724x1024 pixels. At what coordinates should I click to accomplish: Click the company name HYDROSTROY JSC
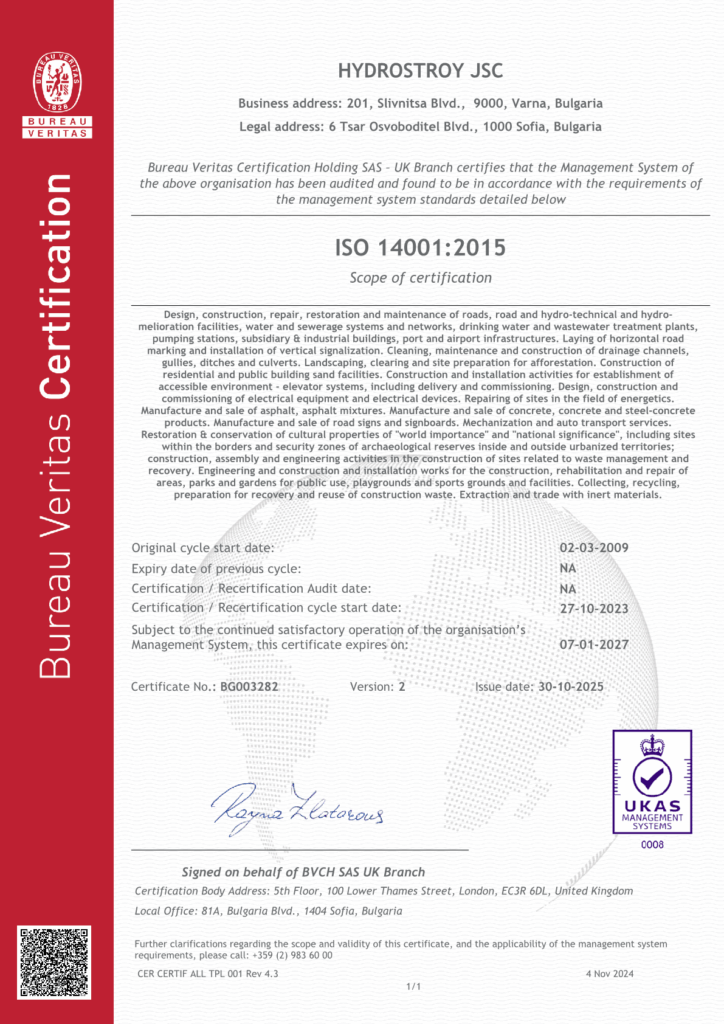(x=420, y=70)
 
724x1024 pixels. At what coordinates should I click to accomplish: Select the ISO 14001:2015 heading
(x=420, y=246)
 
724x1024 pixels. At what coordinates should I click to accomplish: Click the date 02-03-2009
(x=594, y=548)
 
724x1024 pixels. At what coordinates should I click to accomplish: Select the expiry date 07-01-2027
(x=594, y=644)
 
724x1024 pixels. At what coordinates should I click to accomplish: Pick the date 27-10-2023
(x=594, y=607)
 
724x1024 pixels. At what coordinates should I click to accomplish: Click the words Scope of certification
(x=420, y=278)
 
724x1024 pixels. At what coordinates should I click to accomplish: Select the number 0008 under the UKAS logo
(x=651, y=844)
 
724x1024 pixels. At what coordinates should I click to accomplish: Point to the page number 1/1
(x=413, y=987)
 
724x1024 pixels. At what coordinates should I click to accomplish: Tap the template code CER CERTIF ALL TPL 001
(x=195, y=972)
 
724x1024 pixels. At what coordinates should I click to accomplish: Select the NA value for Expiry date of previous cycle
(x=568, y=568)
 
